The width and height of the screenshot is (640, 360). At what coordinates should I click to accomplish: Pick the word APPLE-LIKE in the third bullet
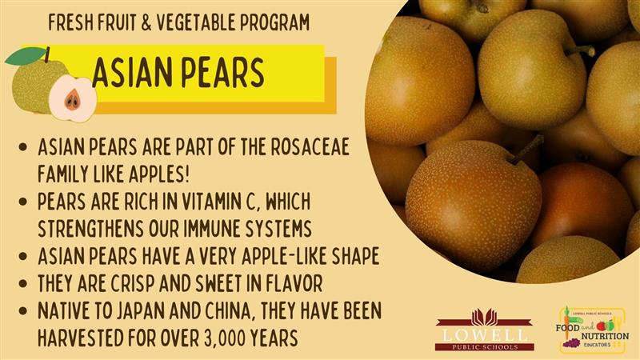(284, 256)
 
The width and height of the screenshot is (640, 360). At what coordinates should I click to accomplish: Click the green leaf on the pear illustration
(26, 56)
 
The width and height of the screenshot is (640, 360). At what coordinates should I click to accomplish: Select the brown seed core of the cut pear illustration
(73, 99)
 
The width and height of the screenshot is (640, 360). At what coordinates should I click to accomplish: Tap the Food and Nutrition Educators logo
(592, 330)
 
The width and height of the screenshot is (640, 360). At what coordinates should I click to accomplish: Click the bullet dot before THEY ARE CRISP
(23, 284)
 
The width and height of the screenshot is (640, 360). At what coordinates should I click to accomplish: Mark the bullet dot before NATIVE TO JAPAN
(23, 311)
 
